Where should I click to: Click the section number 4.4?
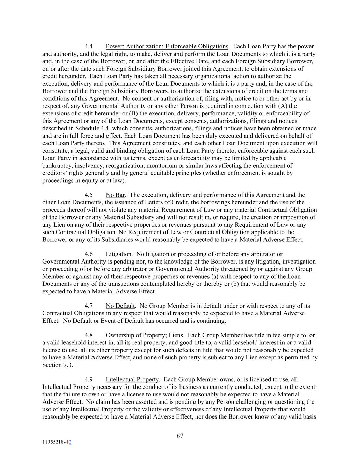point(89,46)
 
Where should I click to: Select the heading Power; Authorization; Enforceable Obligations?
point(167,46)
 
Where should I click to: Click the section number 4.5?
point(89,195)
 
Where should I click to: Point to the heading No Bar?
point(115,195)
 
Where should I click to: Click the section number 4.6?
point(89,254)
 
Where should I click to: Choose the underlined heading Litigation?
point(118,254)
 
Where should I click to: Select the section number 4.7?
point(89,306)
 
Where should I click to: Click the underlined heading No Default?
point(120,306)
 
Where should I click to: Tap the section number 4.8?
point(89,335)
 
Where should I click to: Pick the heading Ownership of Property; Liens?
point(144,335)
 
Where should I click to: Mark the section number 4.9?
point(89,380)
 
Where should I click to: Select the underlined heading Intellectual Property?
point(132,380)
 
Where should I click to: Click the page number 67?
point(180,436)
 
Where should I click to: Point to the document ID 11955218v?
point(55,442)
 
